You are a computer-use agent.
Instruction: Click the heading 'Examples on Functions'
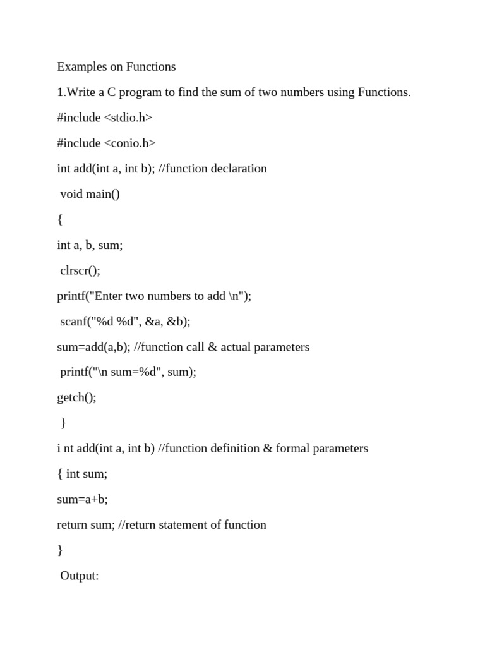point(116,66)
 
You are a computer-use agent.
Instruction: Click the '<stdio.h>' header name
point(128,118)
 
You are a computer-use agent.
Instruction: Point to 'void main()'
point(90,194)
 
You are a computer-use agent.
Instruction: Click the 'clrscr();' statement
point(80,270)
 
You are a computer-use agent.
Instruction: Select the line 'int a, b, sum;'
point(90,245)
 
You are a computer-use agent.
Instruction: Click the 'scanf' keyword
point(74,321)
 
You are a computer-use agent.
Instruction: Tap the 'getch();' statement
point(76,397)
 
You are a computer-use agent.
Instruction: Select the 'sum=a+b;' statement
point(82,499)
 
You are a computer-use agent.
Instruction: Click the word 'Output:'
point(80,576)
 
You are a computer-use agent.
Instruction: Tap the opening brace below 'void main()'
point(60,220)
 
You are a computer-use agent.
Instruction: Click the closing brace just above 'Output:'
point(60,550)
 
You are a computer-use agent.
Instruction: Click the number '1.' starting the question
point(61,92)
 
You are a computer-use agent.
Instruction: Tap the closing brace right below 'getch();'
point(63,423)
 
